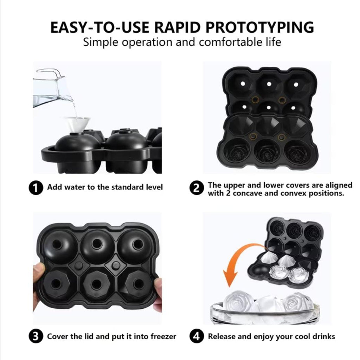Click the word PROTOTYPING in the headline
[x=259, y=27]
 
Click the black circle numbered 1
[x=36, y=187]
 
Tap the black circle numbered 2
[x=197, y=188]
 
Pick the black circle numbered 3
[x=36, y=336]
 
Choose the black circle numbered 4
[x=197, y=336]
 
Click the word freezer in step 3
[x=163, y=336]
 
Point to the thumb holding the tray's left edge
[x=39, y=276]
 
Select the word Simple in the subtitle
[x=100, y=43]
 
